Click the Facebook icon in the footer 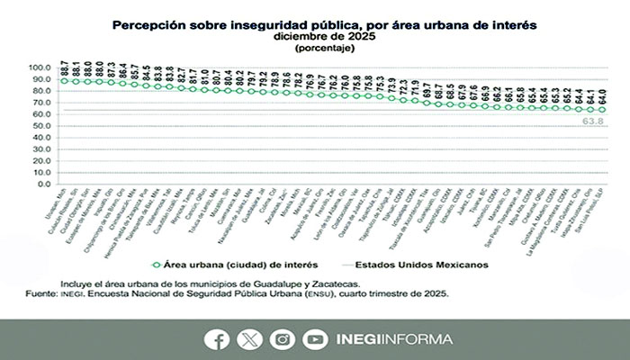coord(217,339)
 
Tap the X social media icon coord(249,339)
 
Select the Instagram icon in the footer coord(282,339)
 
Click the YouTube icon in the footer coord(314,339)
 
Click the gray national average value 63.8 coord(593,120)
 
